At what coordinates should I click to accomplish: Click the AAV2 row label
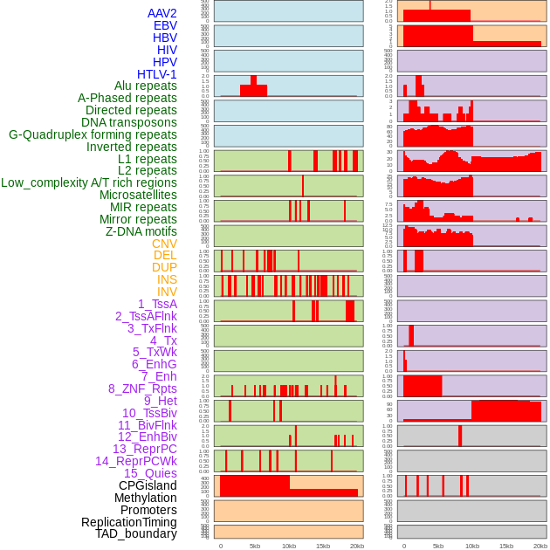[x=162, y=13]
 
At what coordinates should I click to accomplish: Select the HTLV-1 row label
[x=157, y=74]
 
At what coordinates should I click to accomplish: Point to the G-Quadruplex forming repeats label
[x=93, y=134]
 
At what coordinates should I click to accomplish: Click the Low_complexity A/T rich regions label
[x=89, y=182]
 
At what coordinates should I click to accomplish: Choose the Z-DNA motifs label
[x=141, y=231]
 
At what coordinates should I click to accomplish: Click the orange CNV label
[x=164, y=244]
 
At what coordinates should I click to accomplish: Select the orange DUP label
[x=164, y=267]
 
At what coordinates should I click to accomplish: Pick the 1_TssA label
[x=157, y=304]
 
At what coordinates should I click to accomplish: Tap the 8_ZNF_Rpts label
[x=142, y=388]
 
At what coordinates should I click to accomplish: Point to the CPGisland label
[x=148, y=485]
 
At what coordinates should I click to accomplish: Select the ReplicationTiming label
[x=129, y=522]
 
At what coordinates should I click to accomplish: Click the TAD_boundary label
[x=136, y=533]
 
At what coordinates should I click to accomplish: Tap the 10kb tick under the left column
[x=289, y=546]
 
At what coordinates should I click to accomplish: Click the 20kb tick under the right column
[x=540, y=546]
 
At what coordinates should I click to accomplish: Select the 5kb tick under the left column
[x=255, y=546]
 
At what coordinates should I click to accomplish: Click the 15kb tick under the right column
[x=506, y=546]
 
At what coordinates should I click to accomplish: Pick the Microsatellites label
[x=138, y=195]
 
